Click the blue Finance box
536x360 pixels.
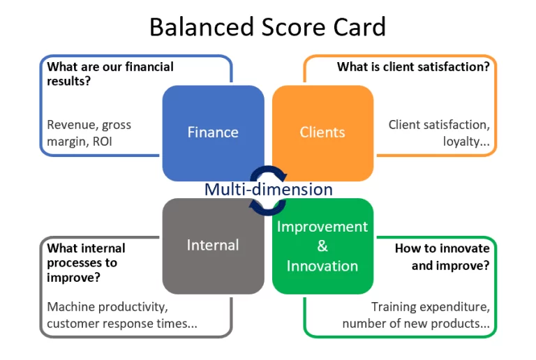213,132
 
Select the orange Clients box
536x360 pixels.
322,132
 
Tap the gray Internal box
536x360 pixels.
213,245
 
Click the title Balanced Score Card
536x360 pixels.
267,27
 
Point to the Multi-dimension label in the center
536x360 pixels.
268,189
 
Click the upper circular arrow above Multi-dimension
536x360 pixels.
268,172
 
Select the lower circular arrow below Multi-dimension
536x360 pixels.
268,206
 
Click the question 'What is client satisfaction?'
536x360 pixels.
412,67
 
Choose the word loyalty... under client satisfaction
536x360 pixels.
466,142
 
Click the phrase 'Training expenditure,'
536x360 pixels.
430,307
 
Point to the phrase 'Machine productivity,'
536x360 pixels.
107,307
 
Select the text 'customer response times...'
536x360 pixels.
122,324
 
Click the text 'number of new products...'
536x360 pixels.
415,324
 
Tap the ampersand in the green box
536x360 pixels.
322,246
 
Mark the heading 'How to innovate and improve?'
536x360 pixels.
442,257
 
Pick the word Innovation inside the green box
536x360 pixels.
322,266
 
